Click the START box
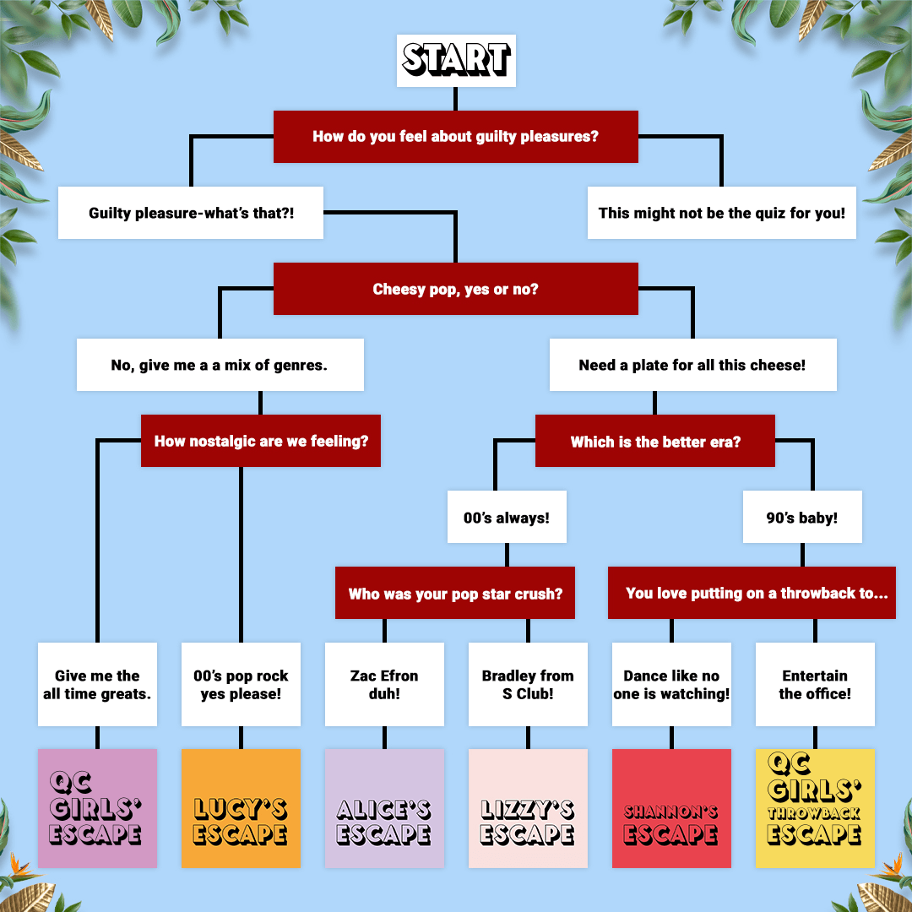pyautogui.click(x=456, y=61)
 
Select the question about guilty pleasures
pyautogui.click(x=455, y=137)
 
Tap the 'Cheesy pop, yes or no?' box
pyautogui.click(x=455, y=289)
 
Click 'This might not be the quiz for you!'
pyautogui.click(x=722, y=213)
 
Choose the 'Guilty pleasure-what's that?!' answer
pyautogui.click(x=191, y=213)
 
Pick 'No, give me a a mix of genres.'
pyautogui.click(x=220, y=365)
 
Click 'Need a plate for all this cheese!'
pyautogui.click(x=692, y=365)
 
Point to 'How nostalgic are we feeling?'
pyautogui.click(x=261, y=441)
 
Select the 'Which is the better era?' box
pyautogui.click(x=655, y=441)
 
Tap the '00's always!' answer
pyautogui.click(x=507, y=517)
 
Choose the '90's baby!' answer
pyautogui.click(x=802, y=517)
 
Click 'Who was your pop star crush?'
pyautogui.click(x=455, y=593)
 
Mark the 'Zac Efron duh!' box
pyautogui.click(x=384, y=684)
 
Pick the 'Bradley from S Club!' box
pyautogui.click(x=528, y=684)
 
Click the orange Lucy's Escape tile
pyautogui.click(x=241, y=808)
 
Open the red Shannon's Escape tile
pyautogui.click(x=672, y=808)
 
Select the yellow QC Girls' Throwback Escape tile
pyautogui.click(x=815, y=808)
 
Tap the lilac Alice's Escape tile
pyautogui.click(x=384, y=808)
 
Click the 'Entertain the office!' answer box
pyautogui.click(x=815, y=684)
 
